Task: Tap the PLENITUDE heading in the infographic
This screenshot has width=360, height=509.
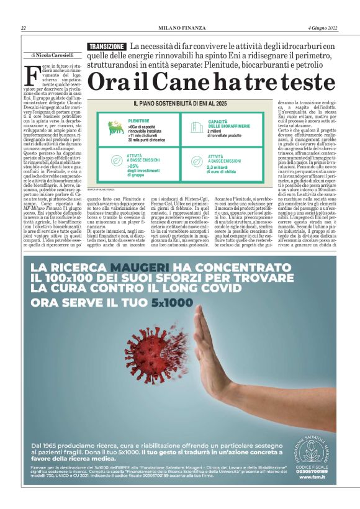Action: [x=138, y=121]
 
